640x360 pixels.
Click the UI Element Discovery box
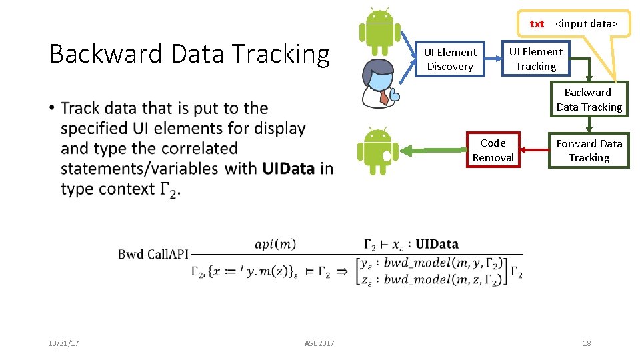450,59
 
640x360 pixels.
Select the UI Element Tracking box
535,59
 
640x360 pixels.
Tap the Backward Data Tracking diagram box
589,99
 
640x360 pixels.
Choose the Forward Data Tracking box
589,151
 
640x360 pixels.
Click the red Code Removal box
493,151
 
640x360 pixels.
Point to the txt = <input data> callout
574,24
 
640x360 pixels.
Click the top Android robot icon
380,32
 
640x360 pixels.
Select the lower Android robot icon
378,151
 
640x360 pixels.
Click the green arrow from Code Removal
434,151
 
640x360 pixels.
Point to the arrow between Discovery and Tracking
493,59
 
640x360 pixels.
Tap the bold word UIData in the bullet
288,169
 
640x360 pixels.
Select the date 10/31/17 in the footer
63,343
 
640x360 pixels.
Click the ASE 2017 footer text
319,343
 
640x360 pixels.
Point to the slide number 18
587,343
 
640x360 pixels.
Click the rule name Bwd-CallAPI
153,254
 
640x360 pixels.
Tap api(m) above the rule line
275,245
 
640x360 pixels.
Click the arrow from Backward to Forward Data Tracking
589,125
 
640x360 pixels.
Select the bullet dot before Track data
52,109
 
